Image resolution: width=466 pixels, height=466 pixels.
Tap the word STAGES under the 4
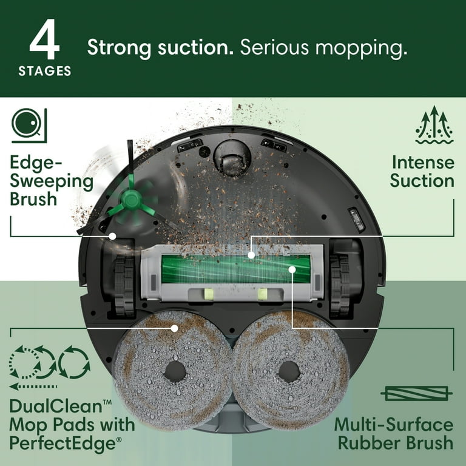point(44,71)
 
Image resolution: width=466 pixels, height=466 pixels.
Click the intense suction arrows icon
point(434,125)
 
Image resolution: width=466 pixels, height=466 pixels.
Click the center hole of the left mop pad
point(174,370)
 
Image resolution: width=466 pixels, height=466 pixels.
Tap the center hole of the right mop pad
point(288,370)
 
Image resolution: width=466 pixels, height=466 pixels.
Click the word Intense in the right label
point(423,162)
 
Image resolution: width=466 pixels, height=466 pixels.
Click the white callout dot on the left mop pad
point(175,328)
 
